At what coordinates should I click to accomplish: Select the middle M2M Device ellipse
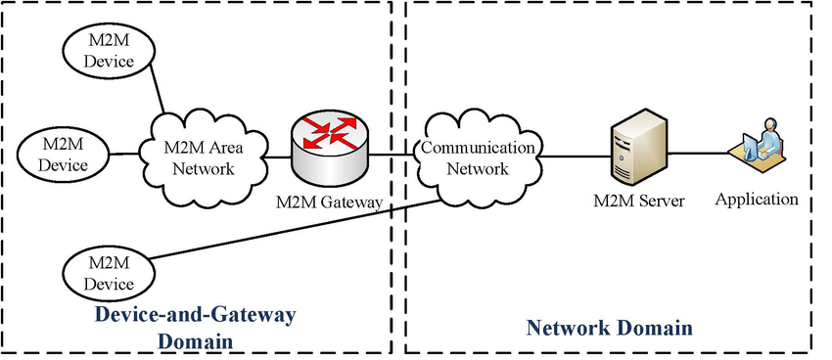click(x=64, y=154)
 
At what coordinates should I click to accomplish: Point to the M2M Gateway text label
click(x=329, y=202)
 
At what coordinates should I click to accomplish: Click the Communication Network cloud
click(x=477, y=157)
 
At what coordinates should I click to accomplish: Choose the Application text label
click(x=757, y=200)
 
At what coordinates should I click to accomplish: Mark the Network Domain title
click(x=610, y=327)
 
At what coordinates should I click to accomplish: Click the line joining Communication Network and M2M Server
click(x=573, y=154)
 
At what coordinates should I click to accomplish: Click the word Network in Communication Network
click(x=478, y=168)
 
